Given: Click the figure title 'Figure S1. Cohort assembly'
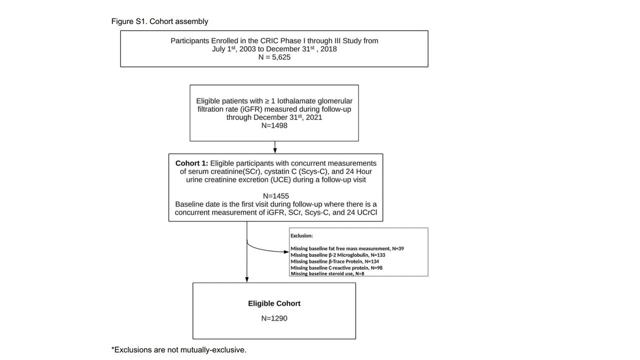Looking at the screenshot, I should click(x=159, y=21).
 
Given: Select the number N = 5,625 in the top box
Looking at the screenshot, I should click(x=274, y=57).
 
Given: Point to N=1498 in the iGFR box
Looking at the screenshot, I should click(x=274, y=125).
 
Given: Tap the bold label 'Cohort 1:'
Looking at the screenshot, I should click(x=191, y=163).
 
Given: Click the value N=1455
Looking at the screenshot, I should click(x=275, y=196).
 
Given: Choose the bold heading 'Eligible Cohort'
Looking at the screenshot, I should click(x=274, y=303).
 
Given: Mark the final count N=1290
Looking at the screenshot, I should click(x=274, y=318).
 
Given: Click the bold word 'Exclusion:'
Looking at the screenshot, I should click(x=301, y=235).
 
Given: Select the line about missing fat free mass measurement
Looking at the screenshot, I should click(x=347, y=248).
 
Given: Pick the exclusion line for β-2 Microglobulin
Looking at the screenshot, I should click(x=337, y=255).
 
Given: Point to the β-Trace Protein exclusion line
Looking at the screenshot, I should click(x=334, y=261).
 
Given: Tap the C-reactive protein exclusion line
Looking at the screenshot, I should click(x=336, y=268).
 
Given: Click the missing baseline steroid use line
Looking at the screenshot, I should click(x=327, y=274).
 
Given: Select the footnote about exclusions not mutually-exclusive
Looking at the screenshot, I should click(x=179, y=350).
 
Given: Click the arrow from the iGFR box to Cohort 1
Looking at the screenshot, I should click(x=275, y=147).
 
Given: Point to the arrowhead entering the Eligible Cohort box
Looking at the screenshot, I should click(x=247, y=279).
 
